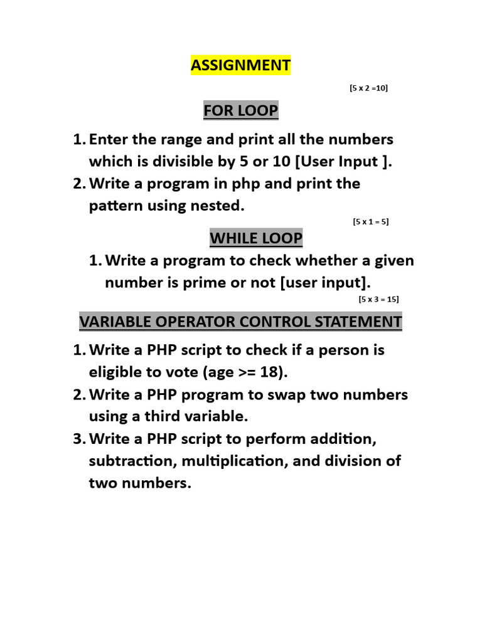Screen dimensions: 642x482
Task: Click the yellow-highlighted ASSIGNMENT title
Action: tap(240, 65)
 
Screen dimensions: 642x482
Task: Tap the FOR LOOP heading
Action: tap(240, 111)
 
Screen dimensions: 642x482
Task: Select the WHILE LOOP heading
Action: tap(256, 238)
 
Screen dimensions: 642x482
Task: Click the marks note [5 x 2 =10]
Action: tap(368, 88)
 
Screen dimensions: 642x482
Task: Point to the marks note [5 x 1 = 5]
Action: tap(371, 221)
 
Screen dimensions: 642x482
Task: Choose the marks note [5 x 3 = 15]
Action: tap(378, 299)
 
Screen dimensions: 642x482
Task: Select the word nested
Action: tap(220, 206)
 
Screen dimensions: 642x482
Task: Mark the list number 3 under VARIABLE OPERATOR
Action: tap(78, 438)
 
